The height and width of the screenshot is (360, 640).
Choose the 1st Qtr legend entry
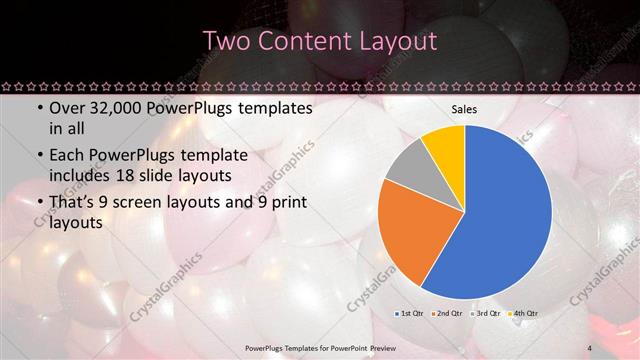coord(410,314)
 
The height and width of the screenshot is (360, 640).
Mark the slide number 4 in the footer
coord(590,347)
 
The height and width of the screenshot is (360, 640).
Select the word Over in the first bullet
coord(67,107)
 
